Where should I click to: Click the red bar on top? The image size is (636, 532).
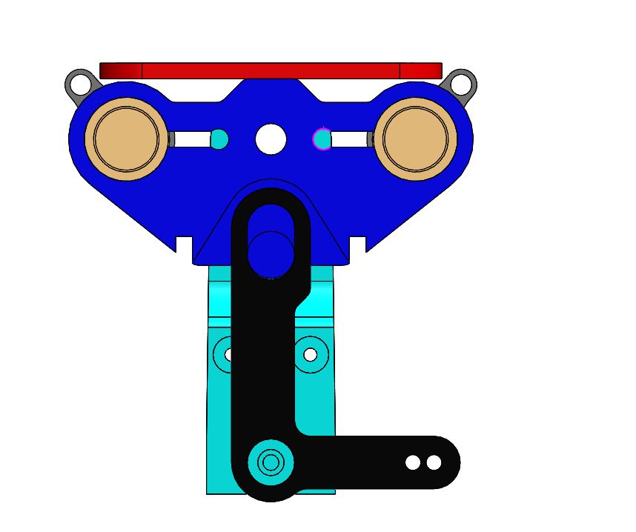271,70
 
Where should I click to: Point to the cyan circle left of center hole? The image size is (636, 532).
219,139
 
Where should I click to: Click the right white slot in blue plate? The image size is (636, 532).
348,139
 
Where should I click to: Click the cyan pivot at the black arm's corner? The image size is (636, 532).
271,462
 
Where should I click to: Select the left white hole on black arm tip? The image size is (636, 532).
413,462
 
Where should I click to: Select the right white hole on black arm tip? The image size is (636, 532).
434,462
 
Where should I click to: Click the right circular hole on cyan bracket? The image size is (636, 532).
311,355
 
